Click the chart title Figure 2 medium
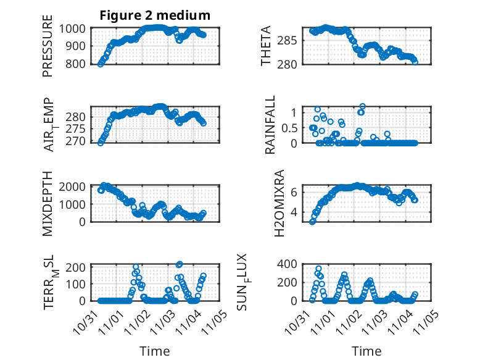click(x=155, y=15)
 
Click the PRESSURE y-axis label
click(x=48, y=51)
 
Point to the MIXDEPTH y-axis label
click(x=48, y=204)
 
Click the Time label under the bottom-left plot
click(x=154, y=351)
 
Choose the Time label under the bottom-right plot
click(x=366, y=351)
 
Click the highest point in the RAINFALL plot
click(x=362, y=106)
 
